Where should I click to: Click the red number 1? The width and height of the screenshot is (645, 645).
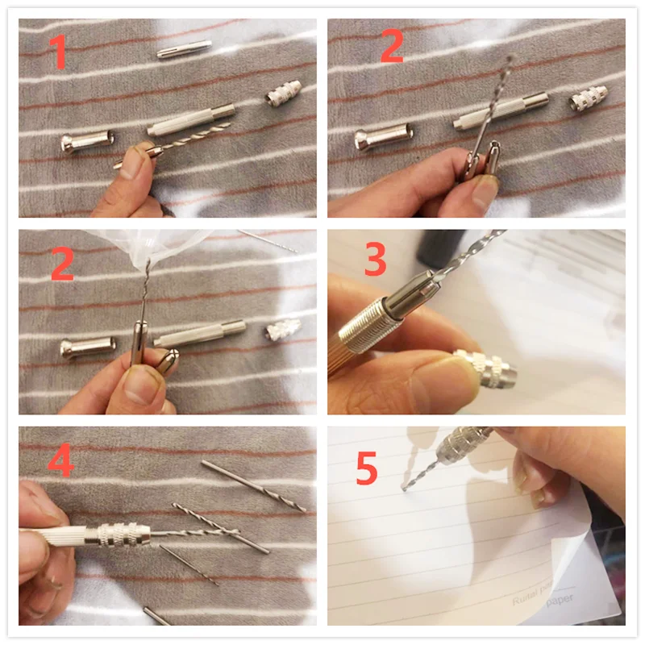tap(57, 52)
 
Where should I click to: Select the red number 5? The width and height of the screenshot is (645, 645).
tap(367, 468)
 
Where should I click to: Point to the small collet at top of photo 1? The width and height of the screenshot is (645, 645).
tap(184, 49)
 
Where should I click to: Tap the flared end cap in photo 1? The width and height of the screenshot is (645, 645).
tap(84, 143)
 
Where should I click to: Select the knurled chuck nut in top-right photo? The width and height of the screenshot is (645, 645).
tap(588, 99)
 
